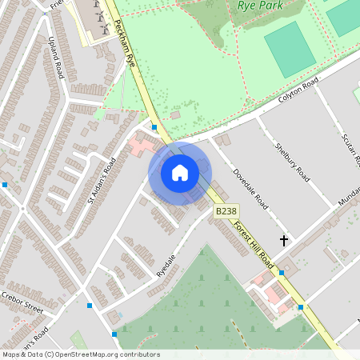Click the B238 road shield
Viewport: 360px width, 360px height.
click(226, 211)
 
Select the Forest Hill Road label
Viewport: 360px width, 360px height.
click(254, 244)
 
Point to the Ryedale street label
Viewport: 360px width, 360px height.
click(166, 262)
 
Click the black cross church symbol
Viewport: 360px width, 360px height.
click(283, 240)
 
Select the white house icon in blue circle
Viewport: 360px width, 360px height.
click(180, 173)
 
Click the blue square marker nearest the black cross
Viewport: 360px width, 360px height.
click(282, 273)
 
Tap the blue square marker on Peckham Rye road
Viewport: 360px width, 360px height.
click(154, 126)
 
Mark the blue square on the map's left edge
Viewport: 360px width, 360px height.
click(5, 185)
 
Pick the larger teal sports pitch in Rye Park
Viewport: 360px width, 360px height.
click(290, 49)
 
